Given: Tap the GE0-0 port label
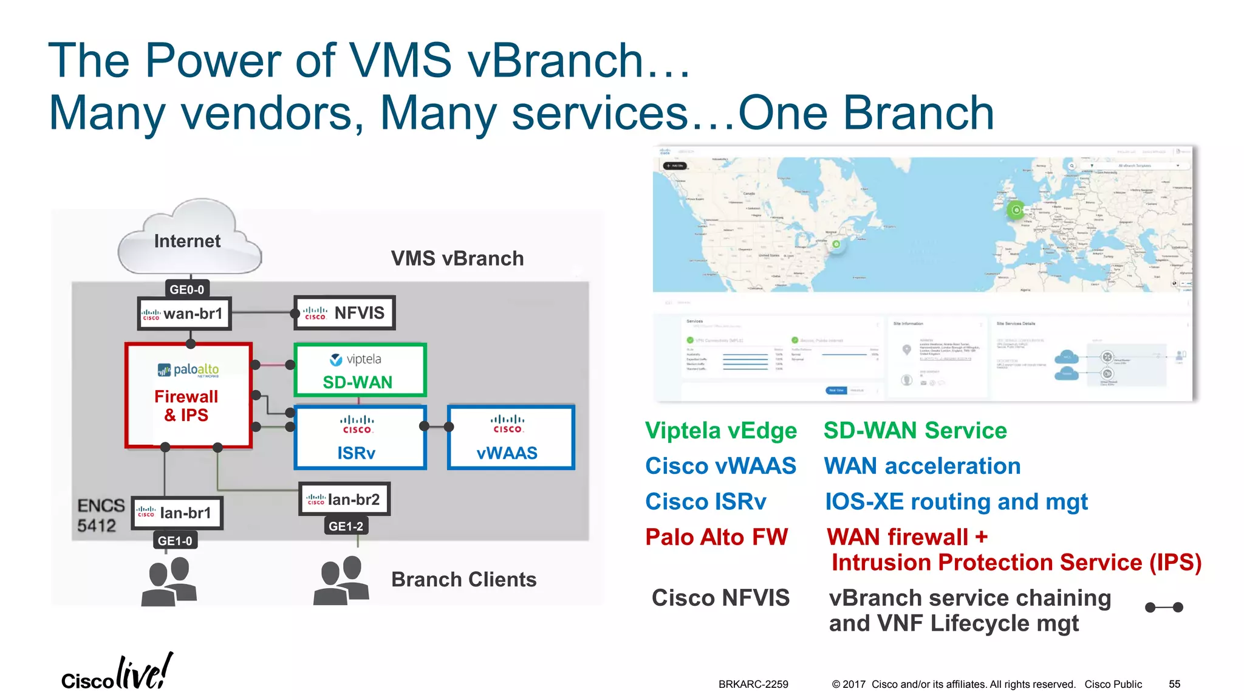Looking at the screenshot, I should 186,289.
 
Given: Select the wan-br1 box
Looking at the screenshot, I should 185,314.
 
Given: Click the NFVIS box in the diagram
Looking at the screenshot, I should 344,313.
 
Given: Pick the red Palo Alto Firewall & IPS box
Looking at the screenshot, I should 188,396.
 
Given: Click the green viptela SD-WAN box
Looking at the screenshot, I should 360,370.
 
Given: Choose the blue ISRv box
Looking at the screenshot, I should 360,437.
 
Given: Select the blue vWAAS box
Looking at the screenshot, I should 510,437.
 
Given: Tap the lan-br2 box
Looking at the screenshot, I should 344,499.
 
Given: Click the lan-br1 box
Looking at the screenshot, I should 177,513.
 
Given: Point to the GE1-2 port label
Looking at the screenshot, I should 346,526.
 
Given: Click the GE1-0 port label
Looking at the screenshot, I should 175,541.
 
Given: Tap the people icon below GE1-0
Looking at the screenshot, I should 169,582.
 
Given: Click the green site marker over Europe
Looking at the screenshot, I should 1016,210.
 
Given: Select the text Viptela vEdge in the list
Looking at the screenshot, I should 721,431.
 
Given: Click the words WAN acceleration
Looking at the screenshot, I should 922,466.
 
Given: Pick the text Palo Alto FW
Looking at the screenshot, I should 716,537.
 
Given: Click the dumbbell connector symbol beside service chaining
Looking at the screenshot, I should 1163,607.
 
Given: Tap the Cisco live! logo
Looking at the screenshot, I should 117,673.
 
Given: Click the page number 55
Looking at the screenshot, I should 1174,684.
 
